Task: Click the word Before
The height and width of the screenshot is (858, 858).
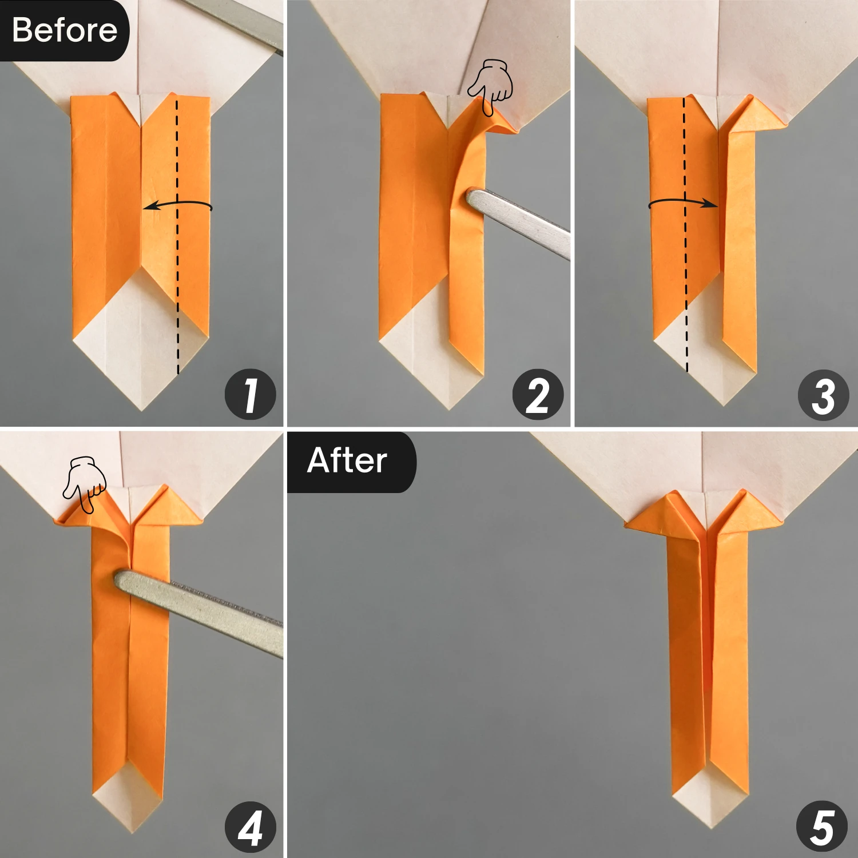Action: (x=64, y=30)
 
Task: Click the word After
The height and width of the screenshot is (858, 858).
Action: (x=347, y=460)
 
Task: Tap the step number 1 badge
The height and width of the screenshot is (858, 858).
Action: (x=251, y=395)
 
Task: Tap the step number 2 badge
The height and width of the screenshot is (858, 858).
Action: (x=538, y=395)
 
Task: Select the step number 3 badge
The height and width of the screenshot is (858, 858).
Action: (x=824, y=395)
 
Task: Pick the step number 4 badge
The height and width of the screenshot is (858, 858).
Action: (x=251, y=827)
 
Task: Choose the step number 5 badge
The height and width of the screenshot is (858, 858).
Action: (x=822, y=827)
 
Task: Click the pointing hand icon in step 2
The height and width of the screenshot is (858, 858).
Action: (x=491, y=86)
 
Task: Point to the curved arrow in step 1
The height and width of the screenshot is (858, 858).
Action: (x=177, y=204)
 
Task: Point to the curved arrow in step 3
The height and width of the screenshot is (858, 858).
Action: (x=684, y=202)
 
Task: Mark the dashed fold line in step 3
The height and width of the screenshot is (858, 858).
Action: (x=685, y=257)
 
